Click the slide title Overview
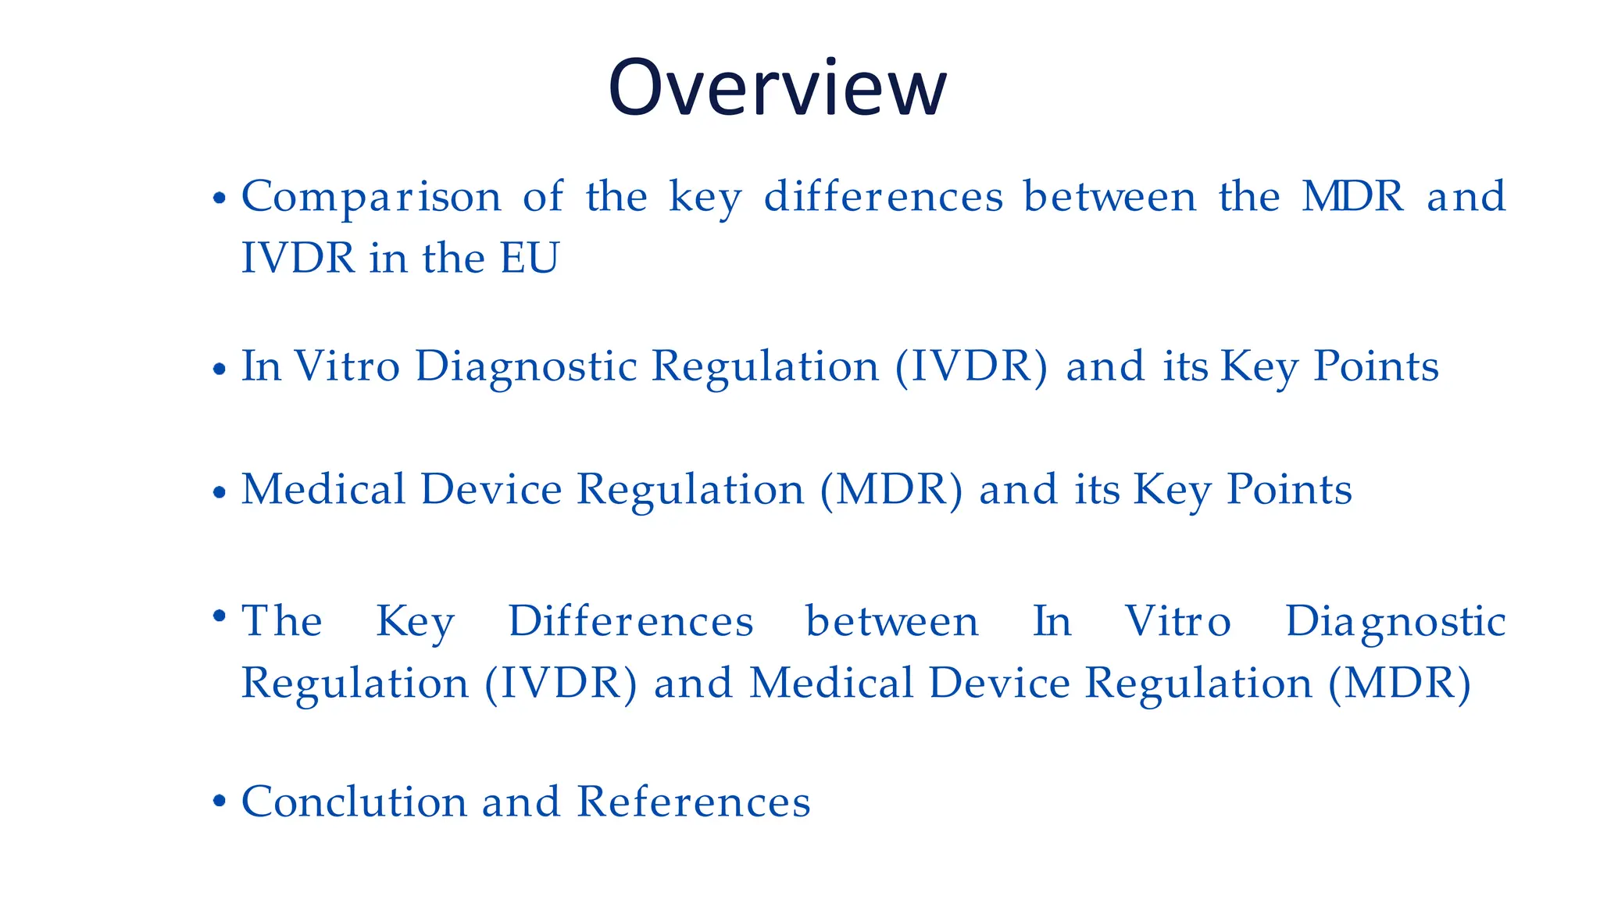click(777, 87)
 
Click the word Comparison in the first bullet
click(371, 197)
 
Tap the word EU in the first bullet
click(530, 258)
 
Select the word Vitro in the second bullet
click(347, 366)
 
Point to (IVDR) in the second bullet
click(971, 366)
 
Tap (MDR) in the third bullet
click(891, 490)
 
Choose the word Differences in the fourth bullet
click(630, 622)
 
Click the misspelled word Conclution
click(353, 802)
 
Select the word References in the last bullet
click(694, 802)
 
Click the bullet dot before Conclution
click(220, 801)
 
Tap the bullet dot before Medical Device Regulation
click(220, 493)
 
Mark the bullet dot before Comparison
click(220, 198)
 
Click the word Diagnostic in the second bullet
click(526, 367)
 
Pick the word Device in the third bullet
click(491, 490)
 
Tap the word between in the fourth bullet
click(892, 622)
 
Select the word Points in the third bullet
click(1289, 490)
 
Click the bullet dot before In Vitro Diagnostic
click(220, 369)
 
